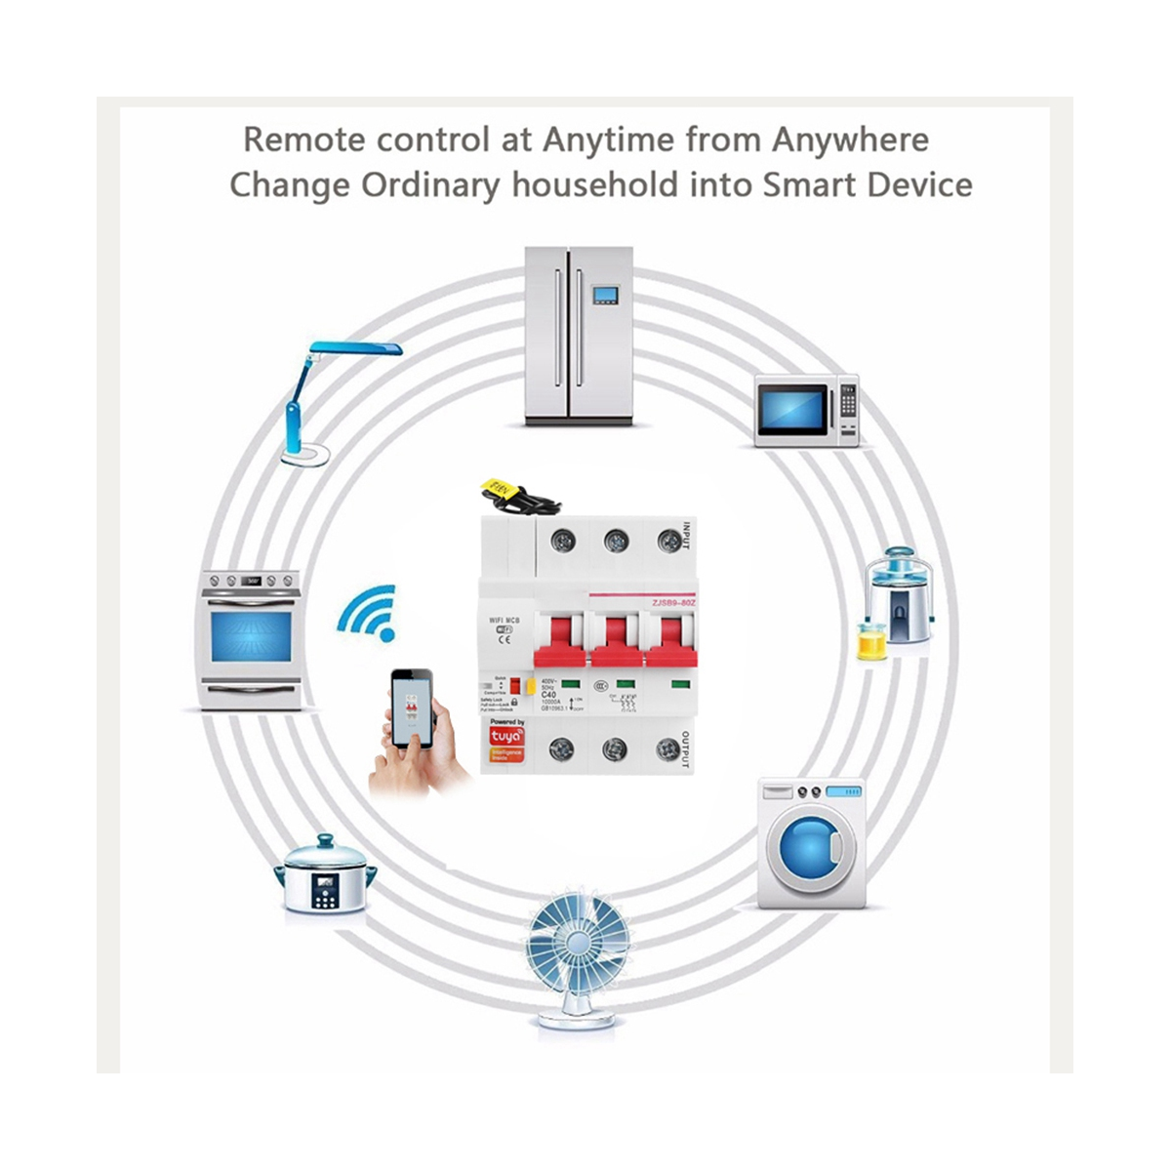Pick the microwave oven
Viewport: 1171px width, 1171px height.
[806, 411]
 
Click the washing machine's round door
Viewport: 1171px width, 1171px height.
[810, 845]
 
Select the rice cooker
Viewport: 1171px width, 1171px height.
[325, 874]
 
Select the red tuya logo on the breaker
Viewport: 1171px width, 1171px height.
[505, 736]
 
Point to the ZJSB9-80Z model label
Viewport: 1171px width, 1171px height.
[673, 602]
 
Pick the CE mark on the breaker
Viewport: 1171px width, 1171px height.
[505, 641]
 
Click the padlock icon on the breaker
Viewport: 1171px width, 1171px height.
[515, 701]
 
